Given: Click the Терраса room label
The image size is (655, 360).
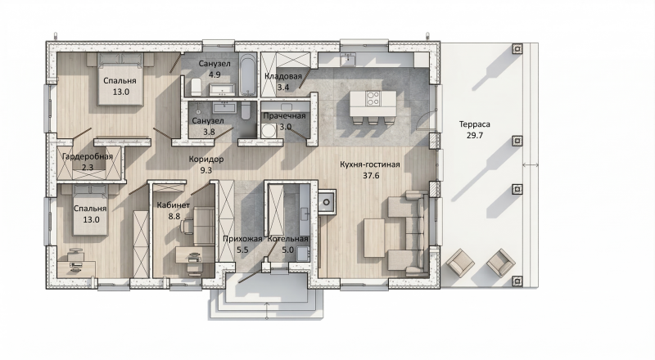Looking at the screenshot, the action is [475, 124].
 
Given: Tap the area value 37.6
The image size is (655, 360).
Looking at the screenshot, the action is [371, 175].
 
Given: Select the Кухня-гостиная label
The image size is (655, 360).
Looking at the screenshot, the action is [370, 164].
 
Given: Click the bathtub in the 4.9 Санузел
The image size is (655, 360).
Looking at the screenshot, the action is [247, 74].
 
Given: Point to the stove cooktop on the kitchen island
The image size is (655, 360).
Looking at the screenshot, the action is [373, 98].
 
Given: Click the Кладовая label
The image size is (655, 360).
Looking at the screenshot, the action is [283, 76].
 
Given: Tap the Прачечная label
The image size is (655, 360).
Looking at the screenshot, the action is [284, 115].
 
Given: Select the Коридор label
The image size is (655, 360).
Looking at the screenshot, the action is [206, 159].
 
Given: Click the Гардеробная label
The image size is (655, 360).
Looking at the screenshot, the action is [88, 156].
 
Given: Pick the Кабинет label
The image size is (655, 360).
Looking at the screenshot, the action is [174, 205].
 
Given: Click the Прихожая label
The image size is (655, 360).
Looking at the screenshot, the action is [242, 239].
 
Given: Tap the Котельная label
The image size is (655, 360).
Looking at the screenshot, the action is [288, 239].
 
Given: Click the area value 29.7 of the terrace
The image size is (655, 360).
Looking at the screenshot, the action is [475, 135].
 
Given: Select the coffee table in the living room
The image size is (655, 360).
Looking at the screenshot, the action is [374, 238].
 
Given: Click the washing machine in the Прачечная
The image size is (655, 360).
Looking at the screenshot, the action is [269, 131].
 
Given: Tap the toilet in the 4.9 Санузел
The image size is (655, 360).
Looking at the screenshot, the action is [196, 87].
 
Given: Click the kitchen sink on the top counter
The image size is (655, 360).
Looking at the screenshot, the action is [347, 59].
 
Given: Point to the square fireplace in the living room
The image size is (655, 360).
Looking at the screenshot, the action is [327, 202].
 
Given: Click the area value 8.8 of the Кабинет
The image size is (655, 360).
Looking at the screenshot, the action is [174, 216].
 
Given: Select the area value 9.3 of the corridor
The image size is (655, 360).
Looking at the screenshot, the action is [206, 170].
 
